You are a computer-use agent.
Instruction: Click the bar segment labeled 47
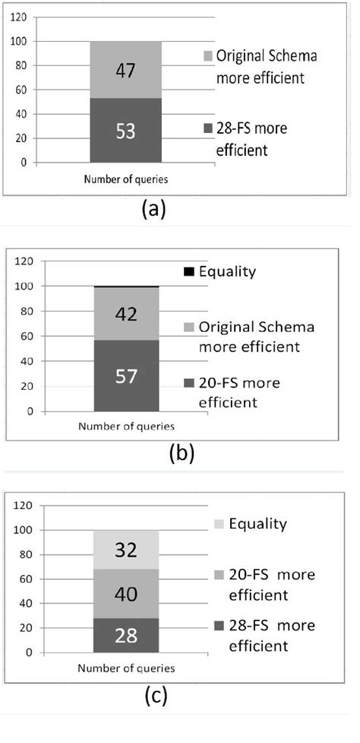(x=125, y=70)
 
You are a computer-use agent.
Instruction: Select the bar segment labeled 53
(x=125, y=130)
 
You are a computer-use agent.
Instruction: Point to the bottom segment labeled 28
(x=125, y=636)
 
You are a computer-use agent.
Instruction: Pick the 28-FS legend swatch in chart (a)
(x=197, y=128)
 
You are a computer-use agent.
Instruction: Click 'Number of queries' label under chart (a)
(x=125, y=179)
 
